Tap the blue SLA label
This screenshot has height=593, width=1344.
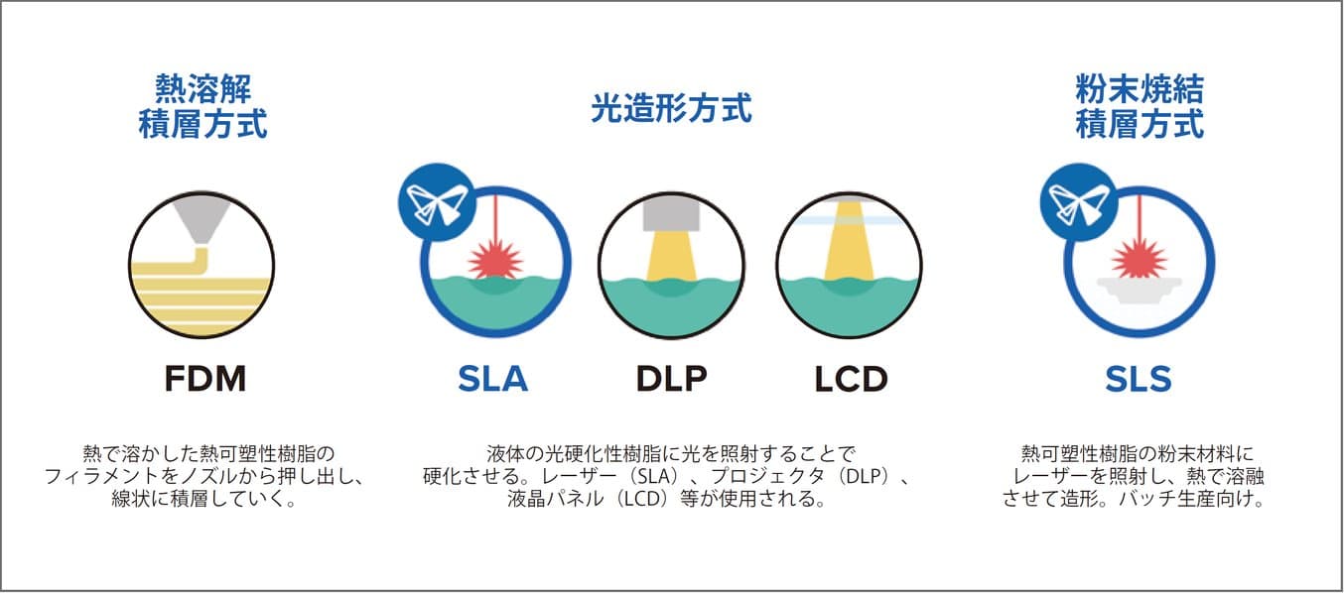493,379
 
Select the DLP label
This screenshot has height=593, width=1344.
671,379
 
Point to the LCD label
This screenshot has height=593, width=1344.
851,379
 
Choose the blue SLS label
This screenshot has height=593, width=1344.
1139,379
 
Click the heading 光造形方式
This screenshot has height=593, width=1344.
671,108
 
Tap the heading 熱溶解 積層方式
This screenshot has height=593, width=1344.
202,108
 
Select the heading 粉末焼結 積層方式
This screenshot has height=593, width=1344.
1140,108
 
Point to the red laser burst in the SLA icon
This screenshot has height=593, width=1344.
493,261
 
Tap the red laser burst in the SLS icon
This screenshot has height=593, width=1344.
1137,260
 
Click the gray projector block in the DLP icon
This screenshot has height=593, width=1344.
670,212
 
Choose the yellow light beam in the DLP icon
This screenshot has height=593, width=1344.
670,255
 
